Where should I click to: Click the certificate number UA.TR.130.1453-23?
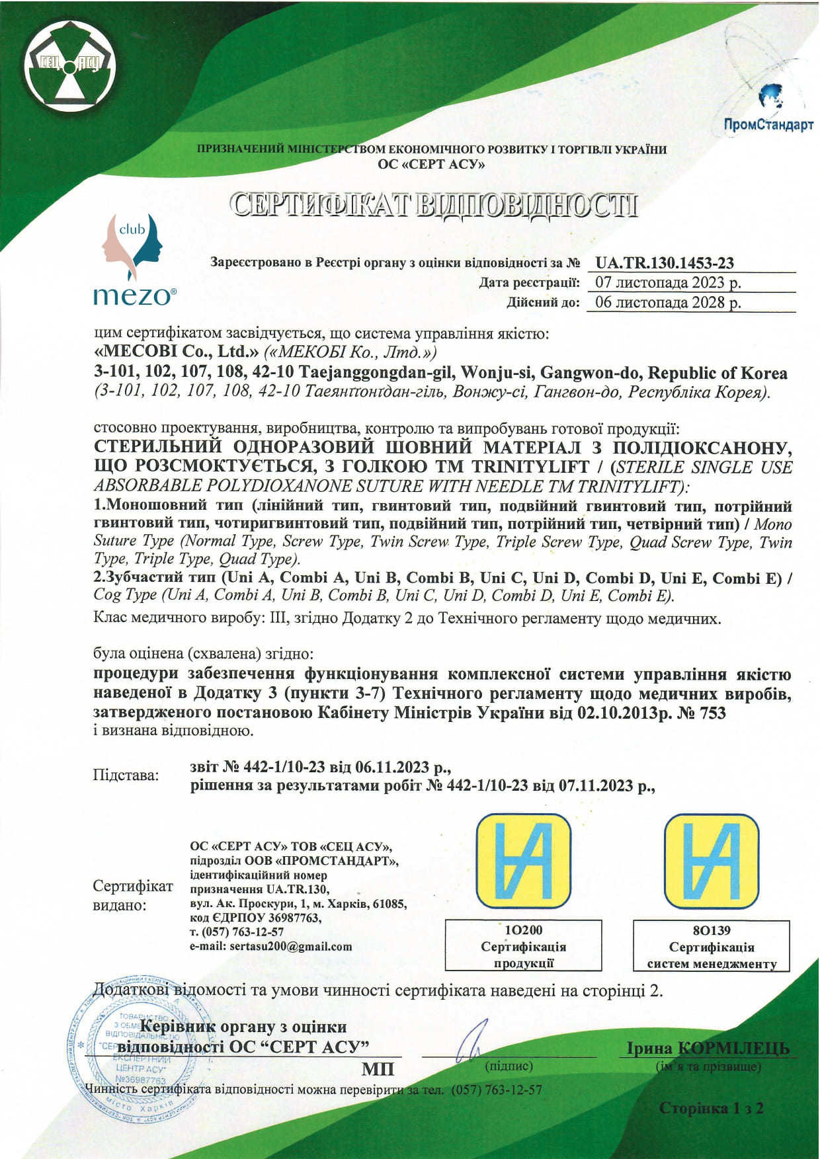(x=664, y=263)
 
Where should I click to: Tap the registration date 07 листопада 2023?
(x=668, y=283)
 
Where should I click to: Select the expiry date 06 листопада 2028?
(x=668, y=303)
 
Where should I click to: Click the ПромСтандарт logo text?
(x=768, y=125)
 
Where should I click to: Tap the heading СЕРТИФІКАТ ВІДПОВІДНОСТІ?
(x=433, y=206)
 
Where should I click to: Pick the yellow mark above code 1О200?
(x=524, y=861)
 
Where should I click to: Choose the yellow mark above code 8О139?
(x=712, y=861)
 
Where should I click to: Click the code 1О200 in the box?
(x=523, y=930)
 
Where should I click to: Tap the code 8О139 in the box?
(x=711, y=930)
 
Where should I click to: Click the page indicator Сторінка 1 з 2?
(x=711, y=1108)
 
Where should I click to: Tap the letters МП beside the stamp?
(x=378, y=1068)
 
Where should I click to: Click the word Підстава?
(x=126, y=775)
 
